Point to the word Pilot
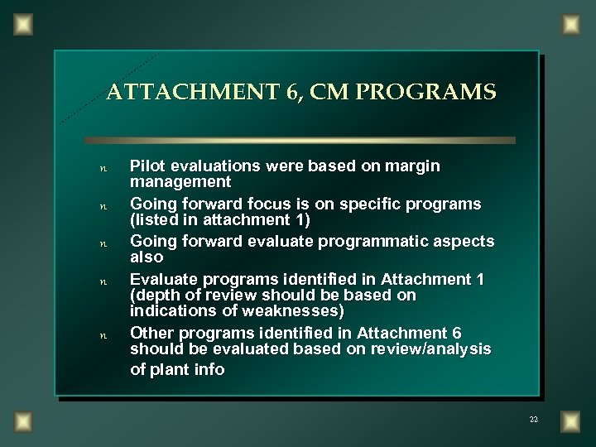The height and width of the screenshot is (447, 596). [x=150, y=166]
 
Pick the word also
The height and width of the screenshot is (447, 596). [x=147, y=257]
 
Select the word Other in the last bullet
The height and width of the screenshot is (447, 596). [x=151, y=332]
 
